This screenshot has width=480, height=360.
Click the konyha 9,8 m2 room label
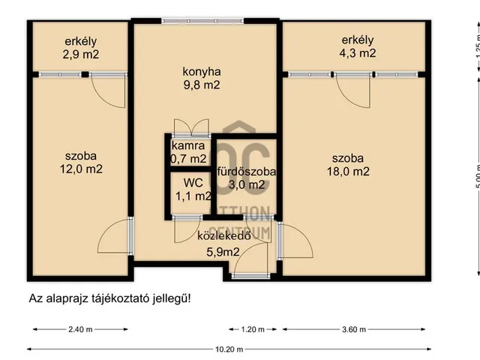202,79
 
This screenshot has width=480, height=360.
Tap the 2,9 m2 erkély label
81,47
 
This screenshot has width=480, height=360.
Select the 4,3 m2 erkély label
357,46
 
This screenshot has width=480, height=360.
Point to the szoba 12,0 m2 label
80,163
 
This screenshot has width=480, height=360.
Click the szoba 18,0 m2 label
350,164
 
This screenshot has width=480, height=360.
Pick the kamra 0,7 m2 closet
188,151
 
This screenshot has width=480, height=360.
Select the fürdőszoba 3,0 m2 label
247,178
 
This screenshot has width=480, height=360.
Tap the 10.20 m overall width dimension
226,349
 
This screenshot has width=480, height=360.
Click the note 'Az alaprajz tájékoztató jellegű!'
109,298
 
